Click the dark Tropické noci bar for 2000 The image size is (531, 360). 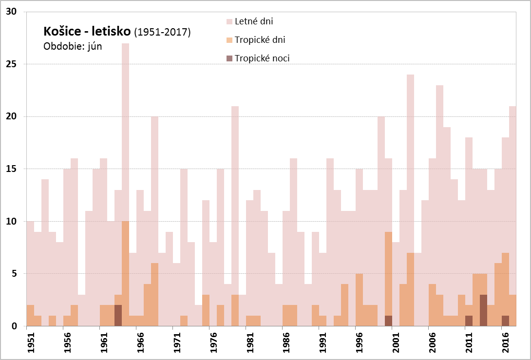[x=388, y=321]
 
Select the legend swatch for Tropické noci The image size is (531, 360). [x=229, y=58]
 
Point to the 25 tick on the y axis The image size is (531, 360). [x=13, y=64]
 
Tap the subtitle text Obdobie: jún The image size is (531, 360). [x=73, y=47]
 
